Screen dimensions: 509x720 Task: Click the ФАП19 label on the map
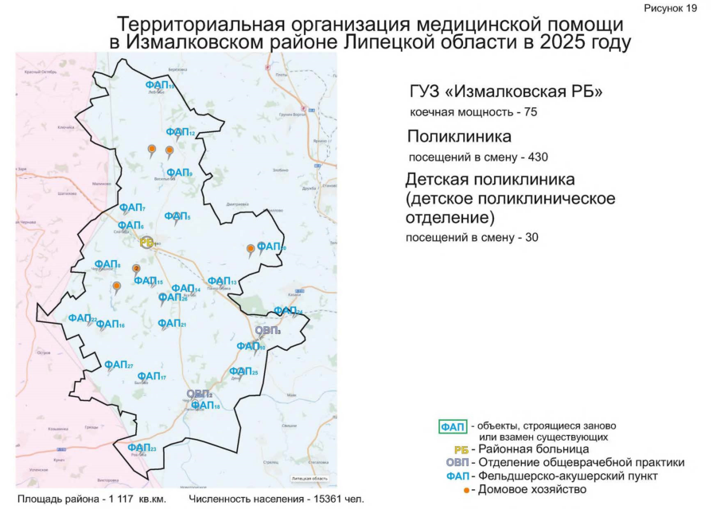[160, 84]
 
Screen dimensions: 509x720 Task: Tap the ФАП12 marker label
[180, 132]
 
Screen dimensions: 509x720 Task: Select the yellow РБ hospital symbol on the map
[146, 242]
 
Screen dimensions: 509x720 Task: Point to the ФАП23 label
[142, 448]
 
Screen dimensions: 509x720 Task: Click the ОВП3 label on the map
[267, 330]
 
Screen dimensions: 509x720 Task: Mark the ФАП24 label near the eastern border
[288, 311]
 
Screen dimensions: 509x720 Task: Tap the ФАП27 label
[119, 364]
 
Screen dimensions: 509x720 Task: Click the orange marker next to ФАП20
[251, 249]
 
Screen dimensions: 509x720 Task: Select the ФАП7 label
[132, 208]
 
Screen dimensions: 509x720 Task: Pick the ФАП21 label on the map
[171, 324]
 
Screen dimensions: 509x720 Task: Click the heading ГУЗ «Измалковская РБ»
[505, 92]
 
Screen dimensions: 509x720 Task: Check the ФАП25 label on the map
[243, 371]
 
